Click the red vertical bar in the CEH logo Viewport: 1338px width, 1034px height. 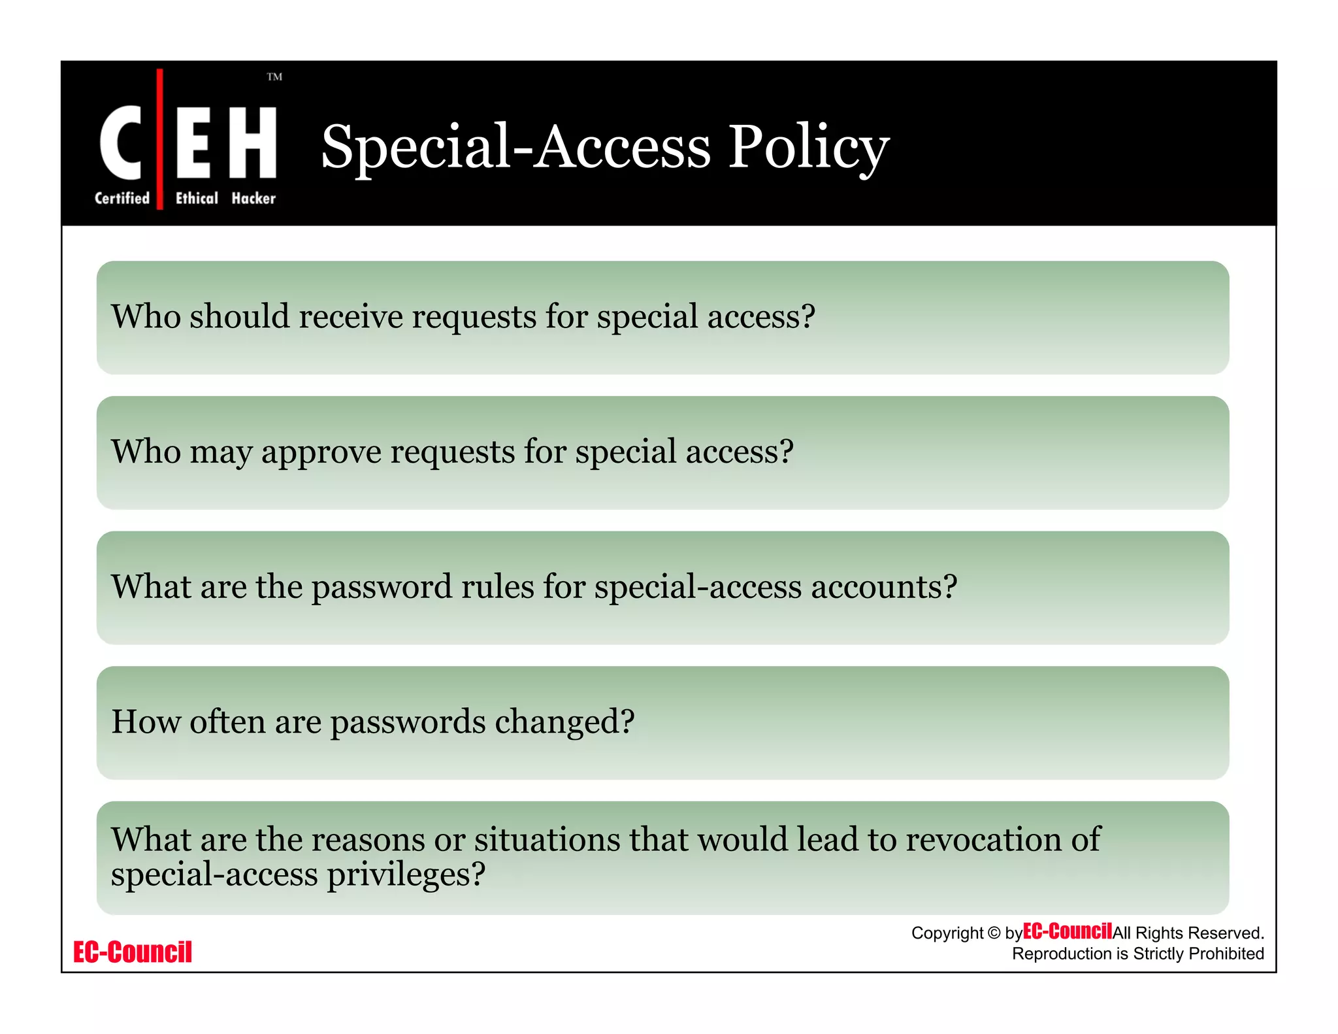click(x=160, y=139)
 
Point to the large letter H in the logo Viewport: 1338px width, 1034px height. click(x=253, y=142)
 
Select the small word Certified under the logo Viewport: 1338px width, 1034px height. click(x=122, y=198)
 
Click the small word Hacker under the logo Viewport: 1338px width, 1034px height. click(x=253, y=198)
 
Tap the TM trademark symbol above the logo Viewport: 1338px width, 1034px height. click(x=274, y=77)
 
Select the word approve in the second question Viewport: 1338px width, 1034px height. click(x=321, y=452)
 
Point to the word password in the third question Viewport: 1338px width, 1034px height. click(x=382, y=587)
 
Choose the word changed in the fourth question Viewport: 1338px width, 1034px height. click(x=564, y=722)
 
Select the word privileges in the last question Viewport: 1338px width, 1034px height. click(x=406, y=875)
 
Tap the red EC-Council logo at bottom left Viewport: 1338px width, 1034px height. click(x=133, y=952)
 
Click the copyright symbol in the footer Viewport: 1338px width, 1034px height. click(x=994, y=933)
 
